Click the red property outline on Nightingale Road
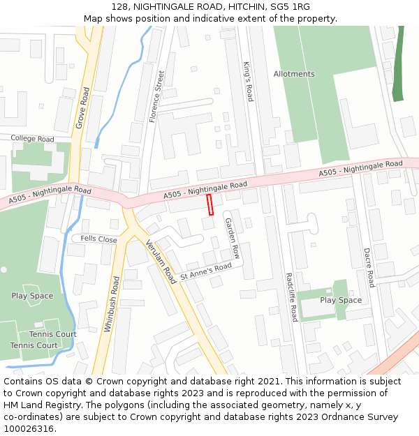pos(209,205)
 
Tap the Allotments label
pos(294,74)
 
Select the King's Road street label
pos(248,82)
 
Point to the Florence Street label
pos(157,96)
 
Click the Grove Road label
pos(82,108)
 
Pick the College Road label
pos(32,139)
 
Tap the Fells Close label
pos(98,239)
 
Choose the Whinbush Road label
pos(112,303)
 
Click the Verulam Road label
pos(161,262)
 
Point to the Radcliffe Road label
pos(291,296)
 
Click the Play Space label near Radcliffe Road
pos(341,300)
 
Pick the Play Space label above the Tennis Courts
pos(32,296)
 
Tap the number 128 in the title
pos(119,6)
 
